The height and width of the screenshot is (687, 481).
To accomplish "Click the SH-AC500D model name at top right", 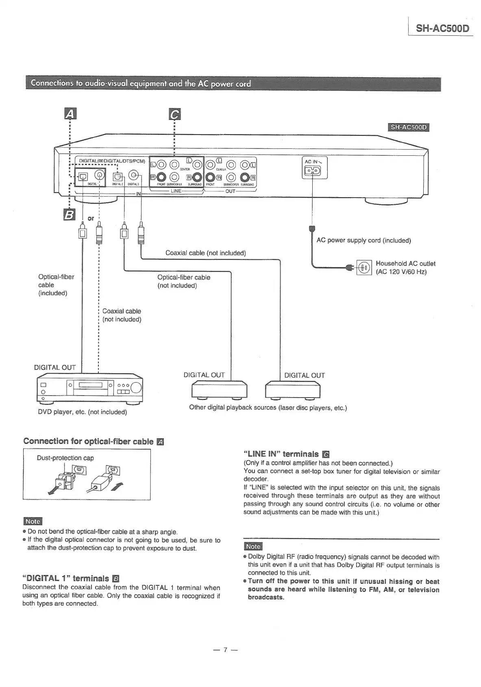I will (442, 28).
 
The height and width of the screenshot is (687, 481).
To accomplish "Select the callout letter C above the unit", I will (174, 115).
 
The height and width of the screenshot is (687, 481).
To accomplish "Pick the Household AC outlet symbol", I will (364, 267).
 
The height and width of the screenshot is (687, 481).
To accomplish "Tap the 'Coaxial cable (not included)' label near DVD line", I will (122, 315).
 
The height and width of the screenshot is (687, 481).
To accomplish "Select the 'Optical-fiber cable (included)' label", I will (56, 285).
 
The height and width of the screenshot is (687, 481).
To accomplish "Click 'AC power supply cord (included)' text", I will (363, 240).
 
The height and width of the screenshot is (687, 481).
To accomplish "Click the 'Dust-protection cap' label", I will (65, 458).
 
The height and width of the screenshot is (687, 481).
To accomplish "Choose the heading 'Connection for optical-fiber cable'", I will (88, 441).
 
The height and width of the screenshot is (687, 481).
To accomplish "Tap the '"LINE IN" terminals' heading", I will (281, 454).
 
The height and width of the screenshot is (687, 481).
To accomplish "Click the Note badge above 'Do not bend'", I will (33, 521).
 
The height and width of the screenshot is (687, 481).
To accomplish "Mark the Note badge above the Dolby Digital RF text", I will (253, 546).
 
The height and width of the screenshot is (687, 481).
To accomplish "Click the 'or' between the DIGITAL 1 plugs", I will (90, 218).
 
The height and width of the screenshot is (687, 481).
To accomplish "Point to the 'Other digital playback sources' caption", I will (268, 407).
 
